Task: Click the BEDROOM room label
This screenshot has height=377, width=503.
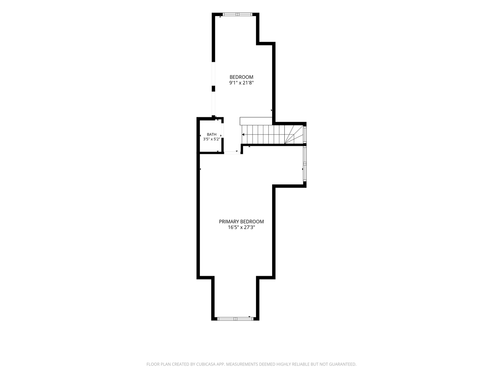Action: pos(241,77)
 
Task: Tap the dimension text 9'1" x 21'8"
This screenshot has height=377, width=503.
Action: pos(241,83)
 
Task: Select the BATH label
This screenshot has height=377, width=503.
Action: pos(212,134)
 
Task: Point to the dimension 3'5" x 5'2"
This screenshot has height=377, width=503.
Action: pos(212,139)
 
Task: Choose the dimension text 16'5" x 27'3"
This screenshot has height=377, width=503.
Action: pos(241,227)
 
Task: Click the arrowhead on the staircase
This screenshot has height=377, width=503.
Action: pos(243,135)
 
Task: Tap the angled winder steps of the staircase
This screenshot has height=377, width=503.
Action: pos(294,135)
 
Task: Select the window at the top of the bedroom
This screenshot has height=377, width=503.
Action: pos(238,14)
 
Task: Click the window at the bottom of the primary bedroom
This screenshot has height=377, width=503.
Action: pos(235,319)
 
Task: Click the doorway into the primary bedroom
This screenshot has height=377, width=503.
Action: pos(232,153)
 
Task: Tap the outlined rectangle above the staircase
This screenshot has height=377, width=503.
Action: pos(256,121)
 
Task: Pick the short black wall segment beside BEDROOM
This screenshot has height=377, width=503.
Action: pos(213,89)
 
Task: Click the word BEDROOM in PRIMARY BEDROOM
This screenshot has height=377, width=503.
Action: pos(253,222)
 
